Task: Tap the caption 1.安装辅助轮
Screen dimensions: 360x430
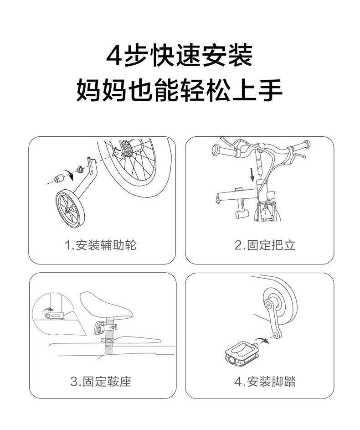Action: click(x=100, y=245)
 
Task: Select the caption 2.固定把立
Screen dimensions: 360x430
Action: click(x=265, y=245)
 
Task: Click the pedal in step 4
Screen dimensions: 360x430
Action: click(x=241, y=354)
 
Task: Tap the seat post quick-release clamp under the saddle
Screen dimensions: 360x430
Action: click(x=106, y=327)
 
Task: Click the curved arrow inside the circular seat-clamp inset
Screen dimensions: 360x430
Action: click(x=48, y=310)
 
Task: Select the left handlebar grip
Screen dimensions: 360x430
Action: click(x=224, y=150)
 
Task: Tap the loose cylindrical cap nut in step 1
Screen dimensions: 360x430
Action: click(x=60, y=177)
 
